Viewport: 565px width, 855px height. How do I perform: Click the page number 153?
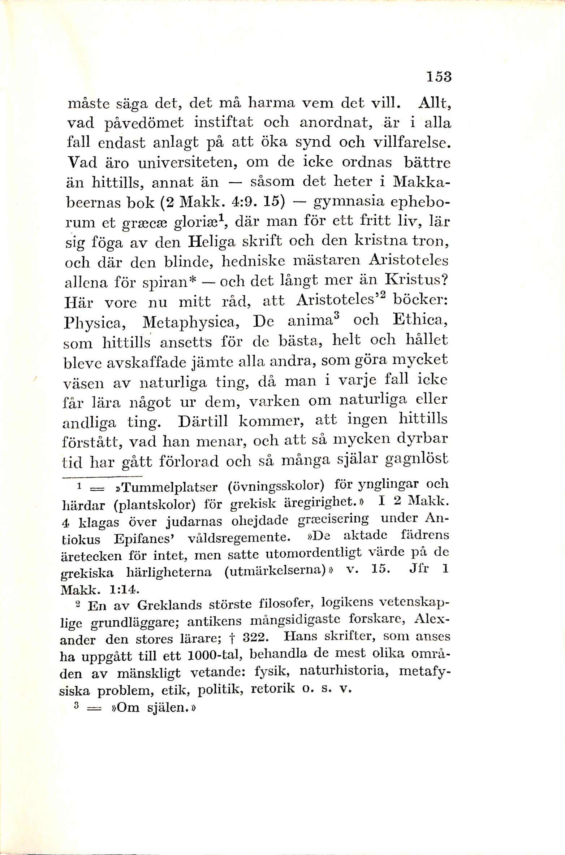tap(439, 78)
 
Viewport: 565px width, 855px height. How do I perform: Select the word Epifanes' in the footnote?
tap(145, 539)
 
